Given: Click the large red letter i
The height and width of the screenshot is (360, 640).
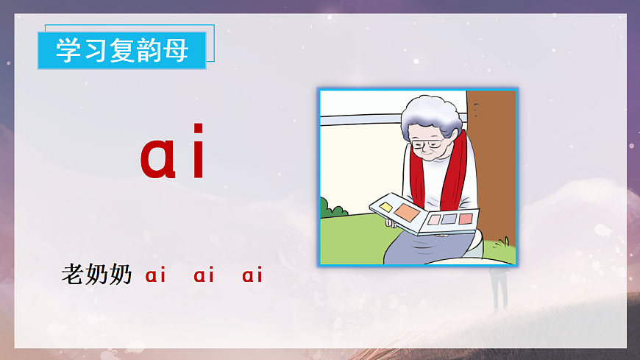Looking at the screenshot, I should pos(198,155).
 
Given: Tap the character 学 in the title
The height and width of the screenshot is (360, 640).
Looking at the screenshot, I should pos(69,51).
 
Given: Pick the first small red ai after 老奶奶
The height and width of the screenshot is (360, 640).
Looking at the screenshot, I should pos(156,276).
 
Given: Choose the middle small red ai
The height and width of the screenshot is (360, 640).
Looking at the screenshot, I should pos(204,276).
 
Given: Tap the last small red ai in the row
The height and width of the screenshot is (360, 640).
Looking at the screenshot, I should pos(252,276).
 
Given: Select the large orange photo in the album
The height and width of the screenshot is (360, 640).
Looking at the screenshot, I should pos(407,213).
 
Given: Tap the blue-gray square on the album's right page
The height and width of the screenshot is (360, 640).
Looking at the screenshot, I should pos(449,219).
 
